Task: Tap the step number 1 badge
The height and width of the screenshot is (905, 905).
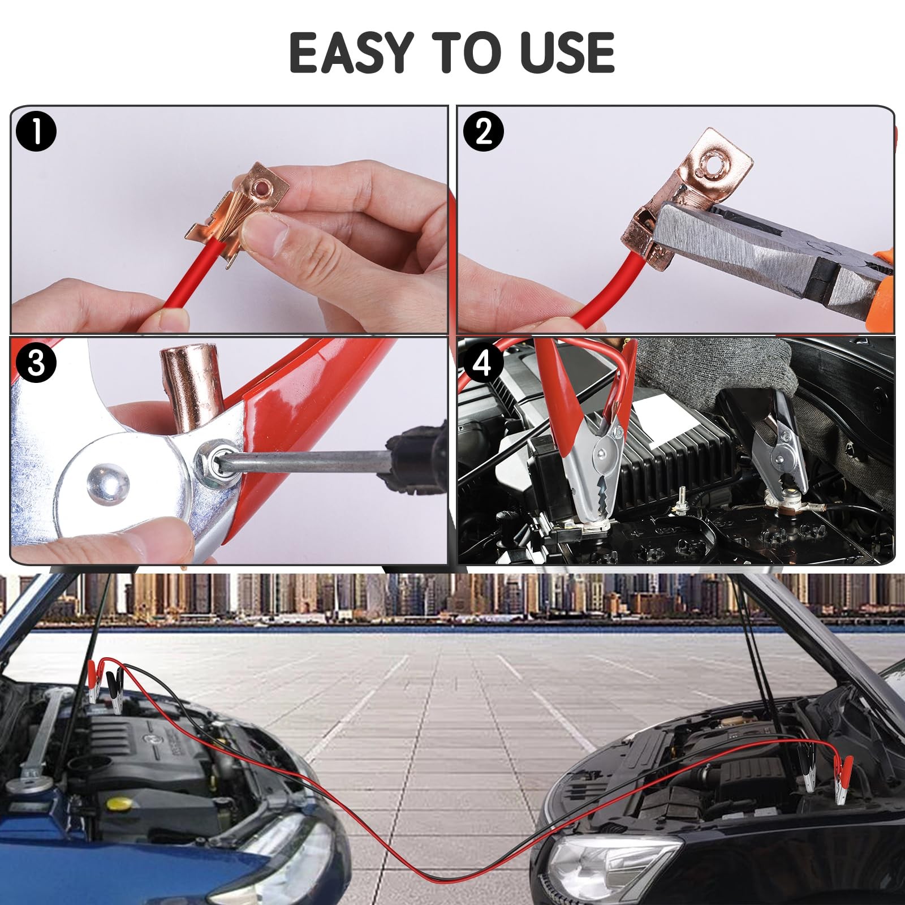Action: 36,131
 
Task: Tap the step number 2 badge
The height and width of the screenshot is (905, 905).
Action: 483,131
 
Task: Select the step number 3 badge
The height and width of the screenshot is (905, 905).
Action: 36,362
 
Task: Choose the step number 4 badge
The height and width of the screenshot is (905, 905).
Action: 482,362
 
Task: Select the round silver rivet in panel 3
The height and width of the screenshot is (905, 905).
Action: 107,481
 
